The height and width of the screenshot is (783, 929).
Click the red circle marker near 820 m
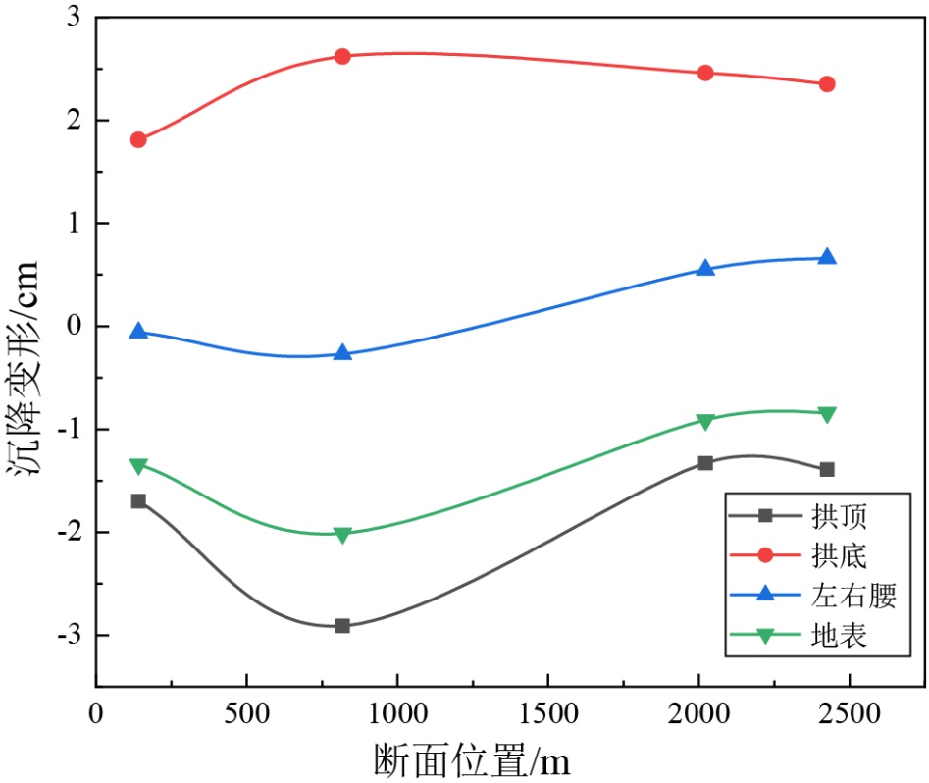coord(342,56)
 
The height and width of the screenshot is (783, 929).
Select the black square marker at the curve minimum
coord(342,625)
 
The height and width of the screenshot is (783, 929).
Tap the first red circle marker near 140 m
coord(138,139)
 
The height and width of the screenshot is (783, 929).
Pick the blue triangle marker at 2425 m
coord(827,257)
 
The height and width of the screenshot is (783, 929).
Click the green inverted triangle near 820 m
coord(342,535)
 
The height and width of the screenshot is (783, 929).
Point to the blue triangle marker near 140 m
coord(138,332)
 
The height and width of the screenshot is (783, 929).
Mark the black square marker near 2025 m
coord(705,462)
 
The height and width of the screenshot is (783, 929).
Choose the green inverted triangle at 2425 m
coord(827,414)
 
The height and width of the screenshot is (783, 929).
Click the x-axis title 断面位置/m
coord(472,759)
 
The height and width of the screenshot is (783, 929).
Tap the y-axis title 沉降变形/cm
coord(24,368)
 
